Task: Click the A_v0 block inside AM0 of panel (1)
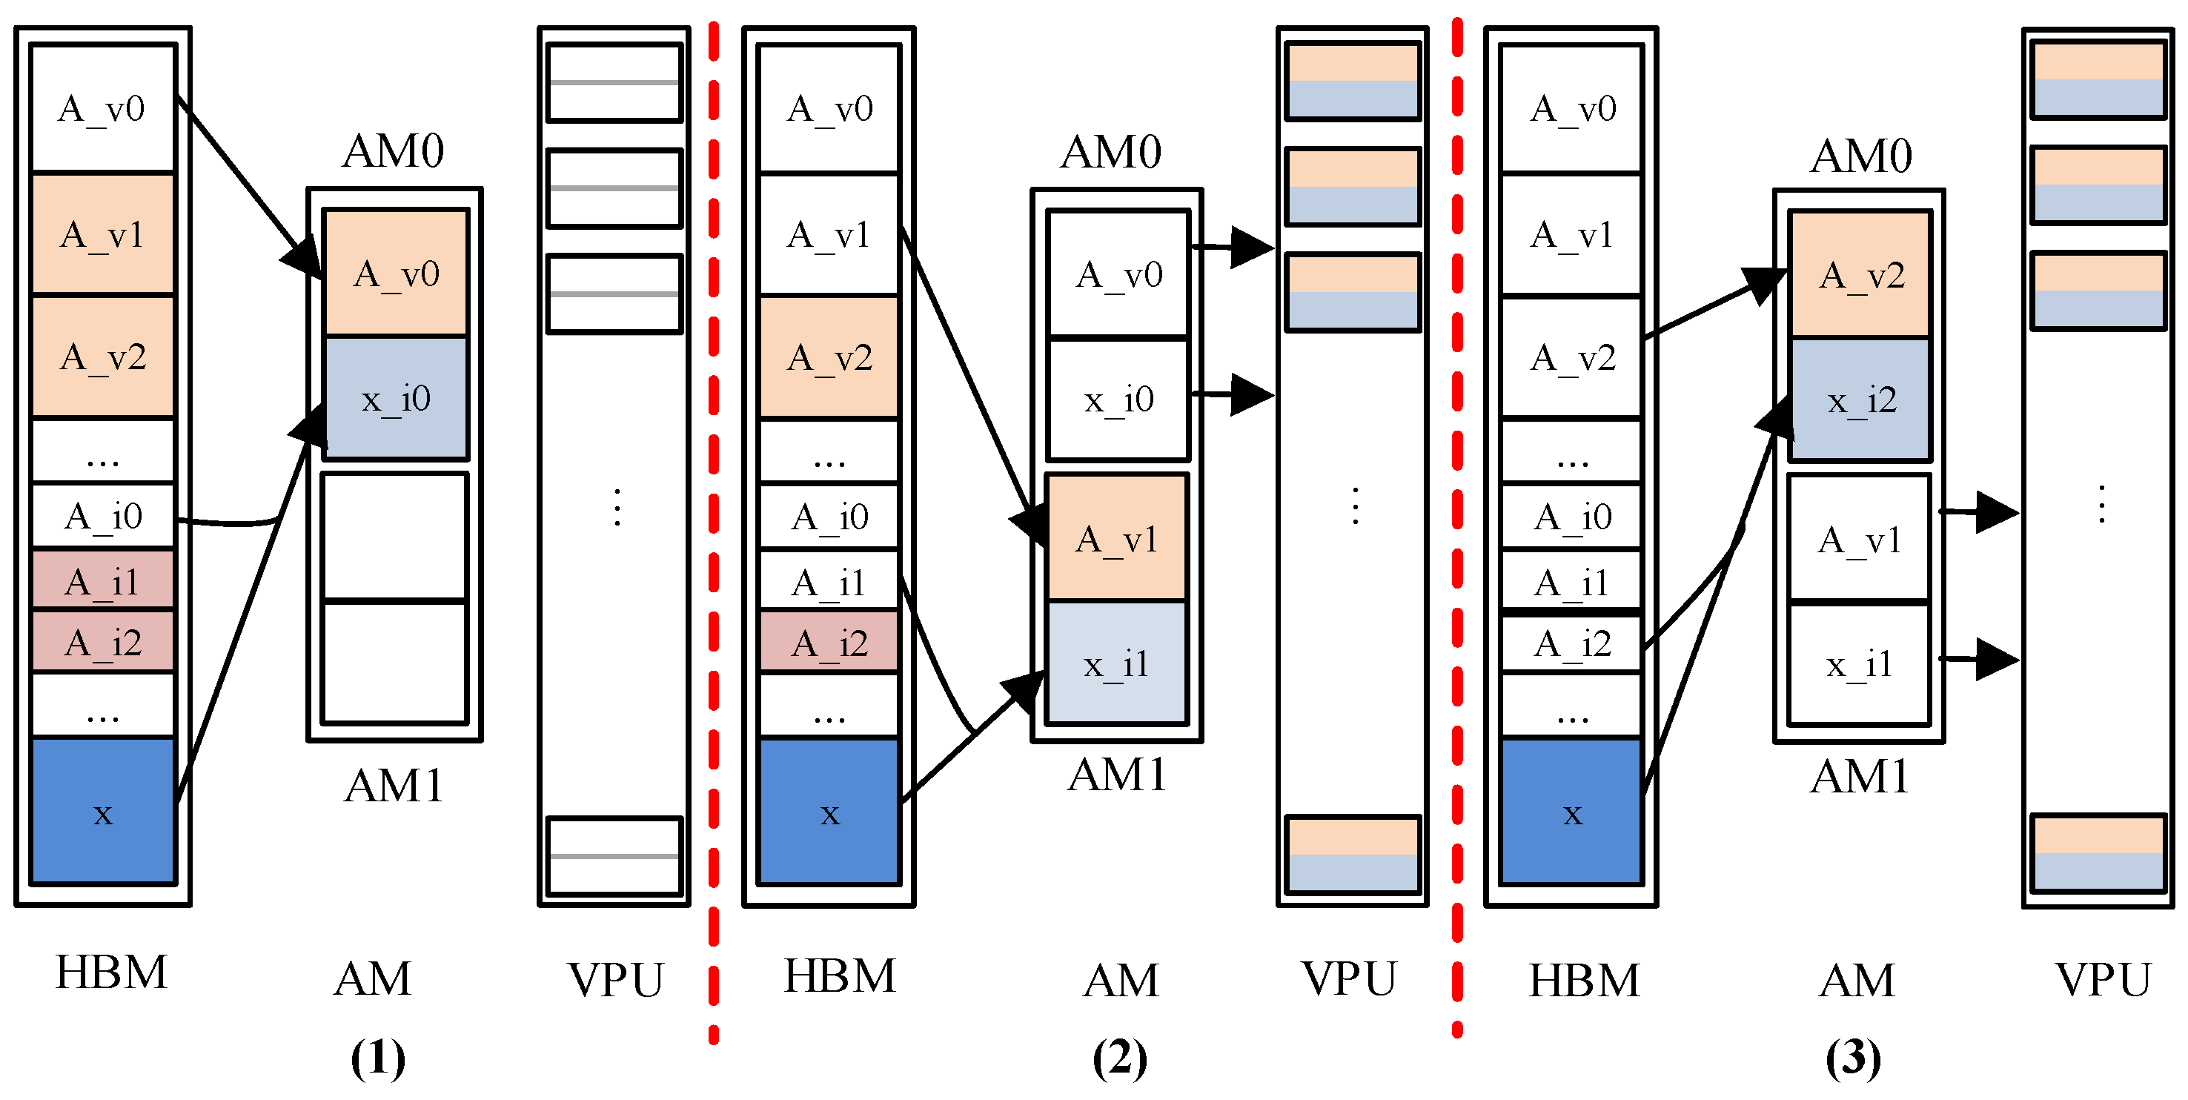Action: [396, 274]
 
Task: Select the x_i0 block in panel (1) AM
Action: [396, 398]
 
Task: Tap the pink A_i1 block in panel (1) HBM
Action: [102, 582]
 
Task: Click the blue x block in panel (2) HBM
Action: [829, 812]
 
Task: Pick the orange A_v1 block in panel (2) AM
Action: [1116, 539]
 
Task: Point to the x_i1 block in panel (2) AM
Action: [1116, 663]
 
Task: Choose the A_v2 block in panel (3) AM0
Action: [1861, 274]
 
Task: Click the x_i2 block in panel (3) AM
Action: [1861, 400]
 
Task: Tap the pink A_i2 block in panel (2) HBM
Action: [829, 643]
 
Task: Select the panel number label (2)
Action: [1119, 1058]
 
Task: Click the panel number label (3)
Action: [1852, 1058]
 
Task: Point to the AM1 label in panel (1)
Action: [394, 786]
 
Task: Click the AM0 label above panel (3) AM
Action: [1861, 156]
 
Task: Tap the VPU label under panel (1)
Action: [615, 979]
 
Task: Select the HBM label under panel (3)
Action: [1584, 980]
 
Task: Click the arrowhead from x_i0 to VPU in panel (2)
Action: [1252, 395]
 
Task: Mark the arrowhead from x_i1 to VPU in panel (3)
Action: [1997, 659]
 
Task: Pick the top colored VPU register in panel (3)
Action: [2097, 80]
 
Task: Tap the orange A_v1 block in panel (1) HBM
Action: [102, 233]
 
